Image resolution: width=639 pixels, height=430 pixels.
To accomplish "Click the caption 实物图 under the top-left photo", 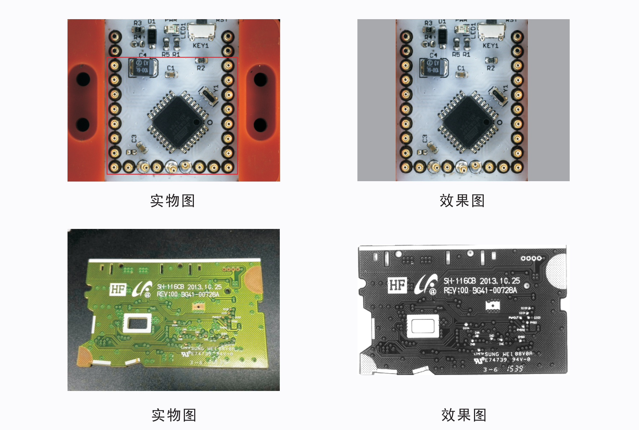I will [173, 201].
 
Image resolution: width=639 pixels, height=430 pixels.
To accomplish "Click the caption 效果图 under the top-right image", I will [462, 201].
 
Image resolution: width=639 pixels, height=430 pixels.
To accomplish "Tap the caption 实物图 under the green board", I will [174, 415].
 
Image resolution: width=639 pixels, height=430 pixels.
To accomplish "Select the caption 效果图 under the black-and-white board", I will [464, 415].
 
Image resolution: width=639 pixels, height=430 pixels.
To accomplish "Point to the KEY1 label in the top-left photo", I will [200, 46].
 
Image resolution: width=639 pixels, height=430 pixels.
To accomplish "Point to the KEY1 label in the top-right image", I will [490, 46].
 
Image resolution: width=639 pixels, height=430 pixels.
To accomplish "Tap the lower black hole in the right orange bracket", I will [260, 125].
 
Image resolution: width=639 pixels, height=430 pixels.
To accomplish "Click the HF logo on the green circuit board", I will [118, 289].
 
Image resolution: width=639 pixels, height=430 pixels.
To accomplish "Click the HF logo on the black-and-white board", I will [397, 285].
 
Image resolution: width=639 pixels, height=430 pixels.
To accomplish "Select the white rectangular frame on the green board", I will [138, 323].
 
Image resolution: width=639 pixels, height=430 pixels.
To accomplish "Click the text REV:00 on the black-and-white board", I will [456, 290].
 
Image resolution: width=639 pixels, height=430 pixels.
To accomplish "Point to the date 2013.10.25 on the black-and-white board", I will [500, 281].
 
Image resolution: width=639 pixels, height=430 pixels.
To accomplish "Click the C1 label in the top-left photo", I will [171, 68].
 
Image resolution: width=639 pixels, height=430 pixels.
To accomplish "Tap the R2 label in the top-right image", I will [491, 68].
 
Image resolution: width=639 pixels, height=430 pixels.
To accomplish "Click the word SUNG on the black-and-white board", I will [492, 354].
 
